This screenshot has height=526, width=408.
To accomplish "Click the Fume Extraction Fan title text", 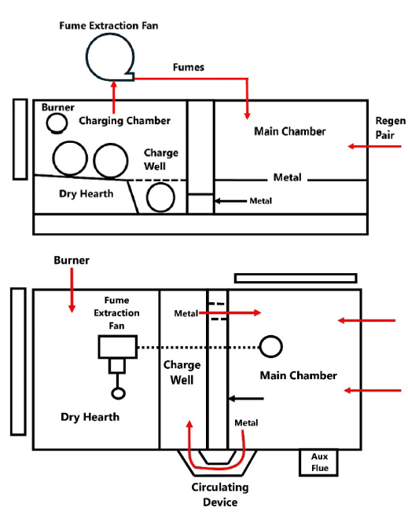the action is [108, 26].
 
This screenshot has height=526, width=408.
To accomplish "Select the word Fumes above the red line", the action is [189, 67].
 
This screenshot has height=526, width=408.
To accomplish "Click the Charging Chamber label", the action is [124, 121].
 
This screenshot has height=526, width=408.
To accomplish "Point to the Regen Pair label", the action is [390, 128].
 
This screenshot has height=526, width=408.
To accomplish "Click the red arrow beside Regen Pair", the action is [374, 146].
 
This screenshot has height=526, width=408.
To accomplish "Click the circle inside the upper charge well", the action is [147, 198].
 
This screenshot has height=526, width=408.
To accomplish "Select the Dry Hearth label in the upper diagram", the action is [86, 194].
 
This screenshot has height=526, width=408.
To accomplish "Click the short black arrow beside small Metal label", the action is [230, 201].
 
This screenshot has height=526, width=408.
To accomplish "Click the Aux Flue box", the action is [318, 462].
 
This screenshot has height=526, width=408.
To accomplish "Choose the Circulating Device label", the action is [220, 495].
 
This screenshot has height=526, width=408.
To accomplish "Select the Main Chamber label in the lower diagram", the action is [299, 375].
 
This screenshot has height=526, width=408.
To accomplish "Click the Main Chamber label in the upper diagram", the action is [290, 131].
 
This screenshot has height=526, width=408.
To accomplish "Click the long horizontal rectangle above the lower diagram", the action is [296, 275].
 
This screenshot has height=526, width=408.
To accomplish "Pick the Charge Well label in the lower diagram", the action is [182, 372].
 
